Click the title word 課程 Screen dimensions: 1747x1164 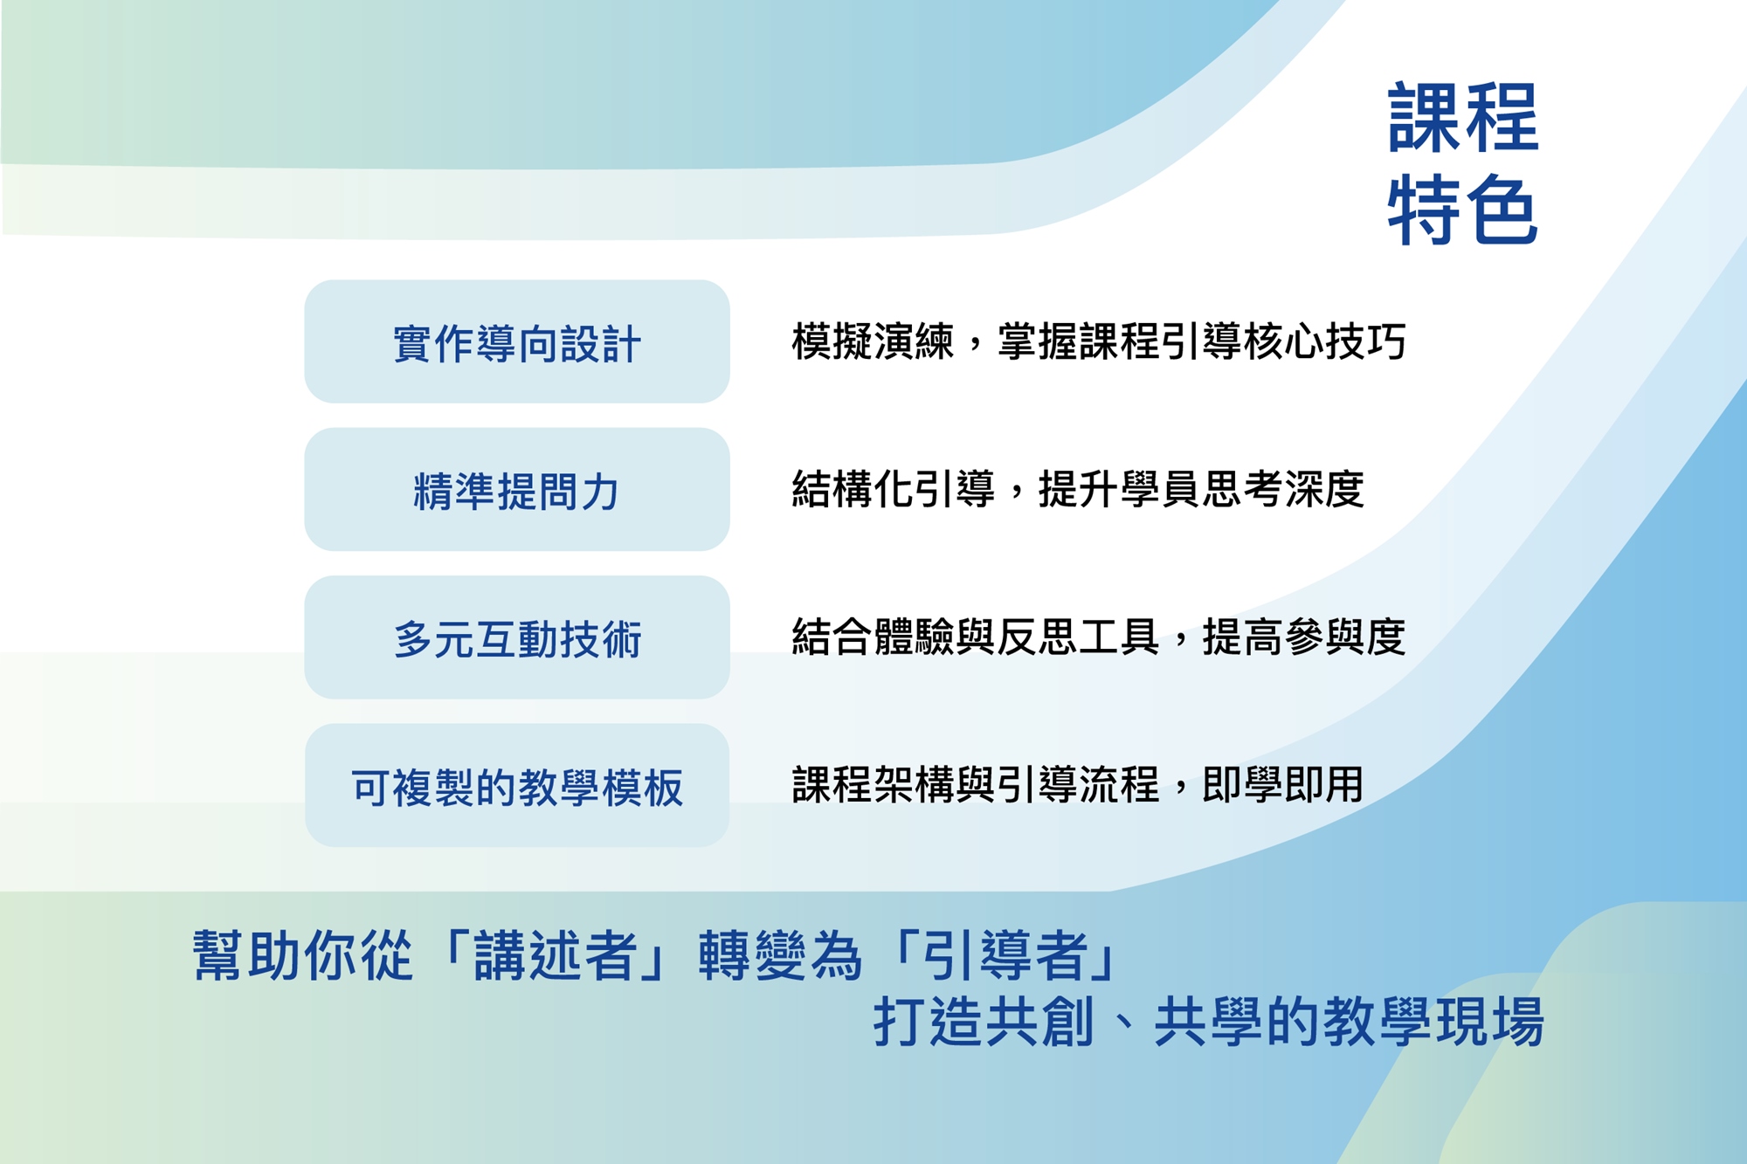(1463, 117)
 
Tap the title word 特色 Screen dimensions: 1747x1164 (1463, 210)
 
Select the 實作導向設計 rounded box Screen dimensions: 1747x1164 (517, 341)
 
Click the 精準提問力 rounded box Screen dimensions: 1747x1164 (517, 489)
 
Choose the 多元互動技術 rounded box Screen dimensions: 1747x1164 (517, 637)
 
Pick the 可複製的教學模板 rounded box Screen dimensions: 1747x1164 (517, 785)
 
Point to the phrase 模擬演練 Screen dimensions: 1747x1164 (873, 341)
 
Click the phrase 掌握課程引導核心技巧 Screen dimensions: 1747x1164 (1202, 341)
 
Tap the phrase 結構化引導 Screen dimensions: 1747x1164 (894, 489)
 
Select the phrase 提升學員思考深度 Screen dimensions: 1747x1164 (1201, 489)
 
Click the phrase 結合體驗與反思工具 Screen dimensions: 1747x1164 (976, 637)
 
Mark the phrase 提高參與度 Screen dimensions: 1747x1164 (1304, 637)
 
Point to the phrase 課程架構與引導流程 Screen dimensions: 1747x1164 (976, 784)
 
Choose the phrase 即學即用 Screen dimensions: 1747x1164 (1283, 784)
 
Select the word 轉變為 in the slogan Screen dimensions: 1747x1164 (781, 955)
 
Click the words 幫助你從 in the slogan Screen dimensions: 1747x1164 (302, 955)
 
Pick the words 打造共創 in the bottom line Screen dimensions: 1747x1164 (984, 1021)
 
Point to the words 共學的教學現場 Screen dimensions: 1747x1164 (1349, 1021)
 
